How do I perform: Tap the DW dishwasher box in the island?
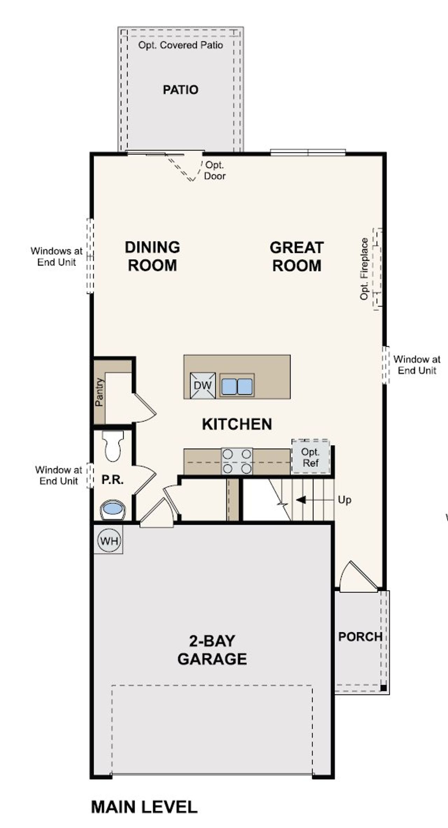tap(203, 385)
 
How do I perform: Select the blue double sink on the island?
tap(237, 386)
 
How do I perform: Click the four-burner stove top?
tap(237, 461)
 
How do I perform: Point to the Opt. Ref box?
tap(310, 457)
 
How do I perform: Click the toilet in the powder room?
tap(112, 447)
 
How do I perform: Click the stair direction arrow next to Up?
tap(301, 499)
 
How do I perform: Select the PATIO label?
tap(181, 90)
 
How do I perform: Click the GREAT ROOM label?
tap(296, 256)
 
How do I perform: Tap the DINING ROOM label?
tap(152, 256)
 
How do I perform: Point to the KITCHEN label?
tap(237, 424)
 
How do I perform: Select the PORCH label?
tap(360, 636)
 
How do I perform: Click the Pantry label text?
tap(99, 392)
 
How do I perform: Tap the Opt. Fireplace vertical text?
tap(364, 269)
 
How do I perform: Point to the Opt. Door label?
tap(215, 170)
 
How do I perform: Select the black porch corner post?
tap(383, 688)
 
